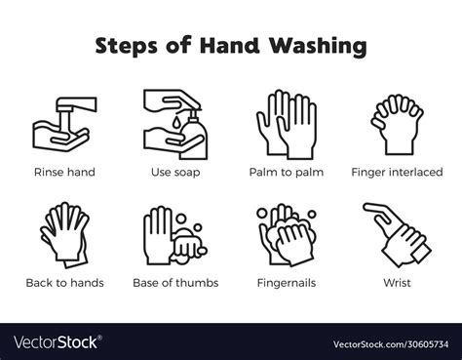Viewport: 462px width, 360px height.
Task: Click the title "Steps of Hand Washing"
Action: (230, 46)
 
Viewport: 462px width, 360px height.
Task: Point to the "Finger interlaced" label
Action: (397, 172)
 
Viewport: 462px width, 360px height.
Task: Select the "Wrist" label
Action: (397, 283)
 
